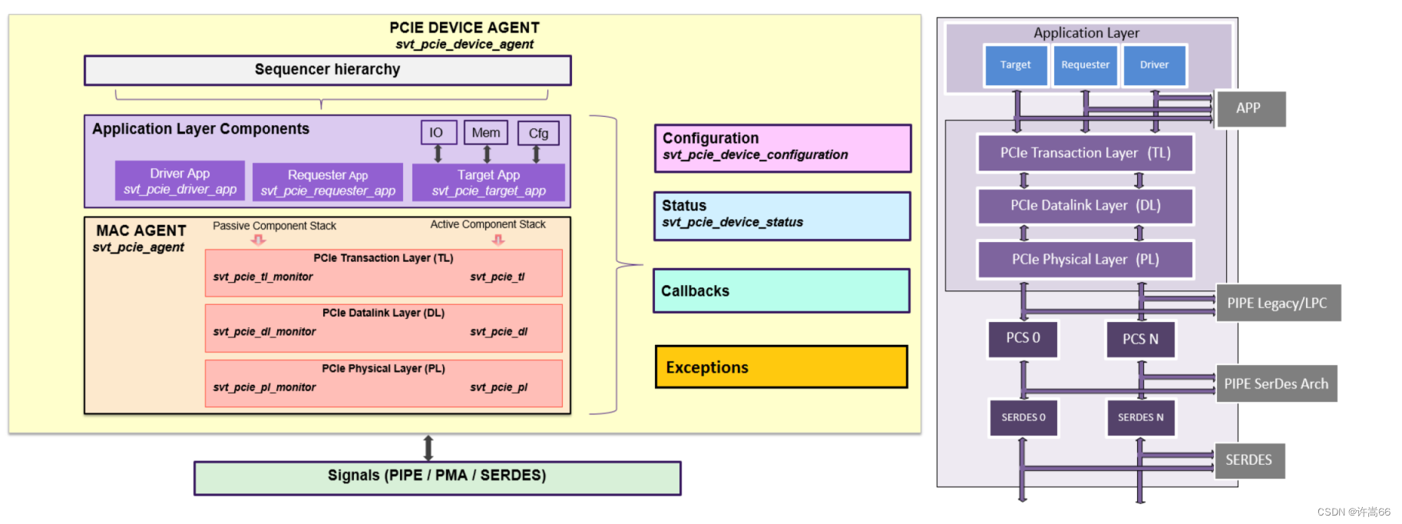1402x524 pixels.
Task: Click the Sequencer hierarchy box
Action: click(x=328, y=70)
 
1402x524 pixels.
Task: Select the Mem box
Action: click(x=486, y=132)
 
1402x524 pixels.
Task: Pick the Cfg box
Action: click(x=538, y=133)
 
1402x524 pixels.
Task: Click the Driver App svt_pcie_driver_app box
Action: click(x=180, y=181)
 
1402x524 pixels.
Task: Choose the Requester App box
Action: click(x=328, y=182)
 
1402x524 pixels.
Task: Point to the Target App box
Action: click(x=488, y=182)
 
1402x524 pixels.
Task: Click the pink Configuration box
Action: click(x=782, y=148)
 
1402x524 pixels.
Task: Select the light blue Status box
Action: click(x=782, y=216)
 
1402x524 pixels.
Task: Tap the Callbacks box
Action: click(x=781, y=290)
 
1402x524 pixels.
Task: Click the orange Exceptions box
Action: click(x=781, y=366)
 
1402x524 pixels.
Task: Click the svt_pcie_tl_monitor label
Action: click(x=263, y=277)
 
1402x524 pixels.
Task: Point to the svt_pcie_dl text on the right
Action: click(x=498, y=331)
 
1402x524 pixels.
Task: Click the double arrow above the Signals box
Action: click(x=428, y=447)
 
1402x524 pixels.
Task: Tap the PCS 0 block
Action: click(x=1023, y=339)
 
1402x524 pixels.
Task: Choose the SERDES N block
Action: click(x=1140, y=417)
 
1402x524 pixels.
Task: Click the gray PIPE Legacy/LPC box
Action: click(x=1278, y=303)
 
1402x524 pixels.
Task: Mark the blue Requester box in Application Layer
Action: click(x=1085, y=65)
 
